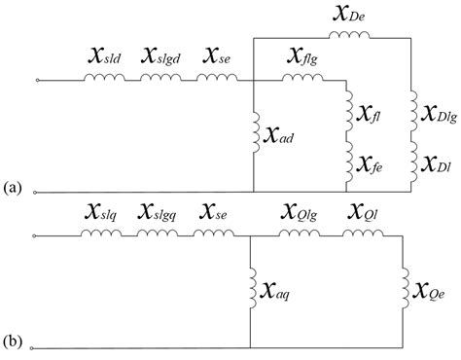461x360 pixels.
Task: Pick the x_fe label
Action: click(x=376, y=161)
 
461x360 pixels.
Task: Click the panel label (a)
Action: click(x=15, y=186)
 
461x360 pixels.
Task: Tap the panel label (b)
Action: click(x=15, y=342)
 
